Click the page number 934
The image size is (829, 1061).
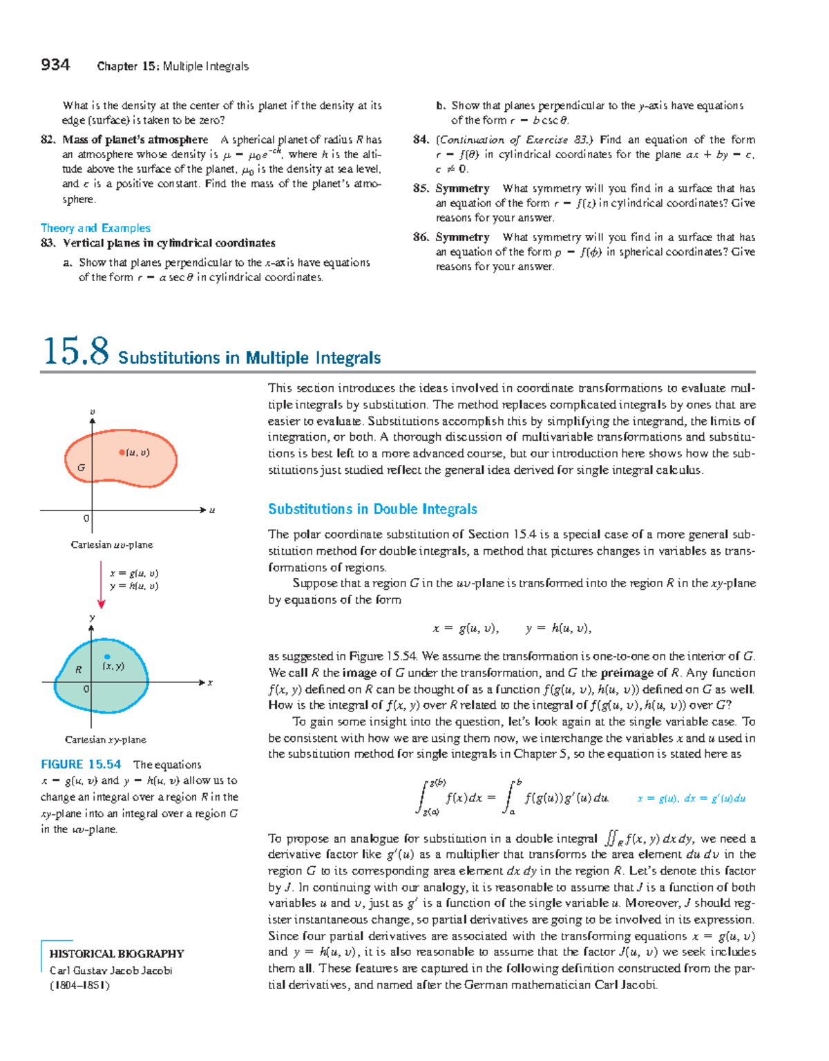(x=55, y=65)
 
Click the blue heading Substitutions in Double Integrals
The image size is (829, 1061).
(x=372, y=509)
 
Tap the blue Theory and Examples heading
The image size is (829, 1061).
(x=95, y=228)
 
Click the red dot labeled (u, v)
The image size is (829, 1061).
(x=122, y=452)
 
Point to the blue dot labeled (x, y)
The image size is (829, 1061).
(x=107, y=657)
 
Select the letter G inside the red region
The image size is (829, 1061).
(x=81, y=468)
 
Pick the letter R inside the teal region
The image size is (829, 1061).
(x=79, y=669)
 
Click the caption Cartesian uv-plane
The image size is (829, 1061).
(x=112, y=545)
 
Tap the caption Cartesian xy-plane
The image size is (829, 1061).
(x=106, y=740)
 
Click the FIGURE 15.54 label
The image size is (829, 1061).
(x=81, y=764)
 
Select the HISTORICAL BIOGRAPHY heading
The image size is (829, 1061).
(x=117, y=954)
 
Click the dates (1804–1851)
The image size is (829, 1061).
(x=79, y=986)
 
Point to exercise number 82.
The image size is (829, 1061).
(x=48, y=140)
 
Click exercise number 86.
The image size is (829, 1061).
(x=421, y=237)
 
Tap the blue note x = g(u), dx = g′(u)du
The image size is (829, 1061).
(x=691, y=799)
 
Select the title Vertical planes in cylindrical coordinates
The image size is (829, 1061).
(x=169, y=243)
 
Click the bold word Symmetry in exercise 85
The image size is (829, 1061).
(x=462, y=189)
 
